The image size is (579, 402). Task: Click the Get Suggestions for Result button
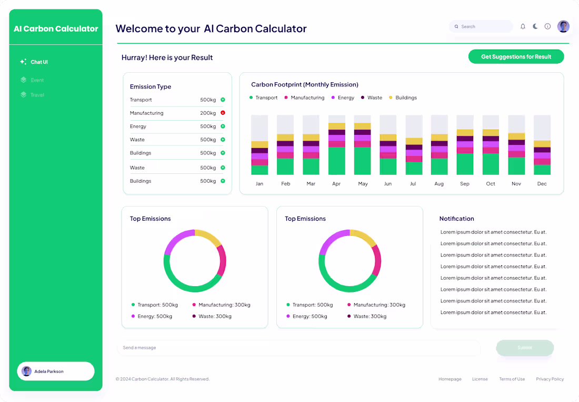(516, 56)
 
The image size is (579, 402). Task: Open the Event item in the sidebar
(37, 80)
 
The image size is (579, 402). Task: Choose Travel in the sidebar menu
(37, 95)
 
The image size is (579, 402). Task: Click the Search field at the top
(481, 26)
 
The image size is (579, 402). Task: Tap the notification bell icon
(523, 26)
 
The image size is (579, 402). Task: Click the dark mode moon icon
(535, 26)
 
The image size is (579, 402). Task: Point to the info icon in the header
(547, 26)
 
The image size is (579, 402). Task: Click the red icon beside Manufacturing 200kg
(223, 113)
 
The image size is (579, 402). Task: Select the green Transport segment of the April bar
(336, 161)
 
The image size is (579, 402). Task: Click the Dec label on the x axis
(542, 184)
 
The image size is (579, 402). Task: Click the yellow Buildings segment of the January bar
(259, 144)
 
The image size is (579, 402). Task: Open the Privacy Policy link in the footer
(550, 379)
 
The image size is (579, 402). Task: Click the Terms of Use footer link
(512, 379)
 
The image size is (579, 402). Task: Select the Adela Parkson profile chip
(56, 371)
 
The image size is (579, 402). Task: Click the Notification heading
(456, 219)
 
